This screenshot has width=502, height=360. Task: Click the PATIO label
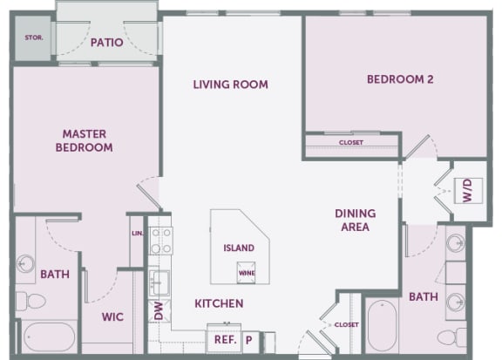tap(106, 43)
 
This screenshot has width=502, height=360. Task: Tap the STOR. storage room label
tap(34, 37)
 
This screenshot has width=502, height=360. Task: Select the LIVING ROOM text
tap(230, 85)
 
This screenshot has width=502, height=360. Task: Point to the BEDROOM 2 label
tap(400, 79)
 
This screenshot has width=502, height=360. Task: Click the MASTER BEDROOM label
tap(85, 140)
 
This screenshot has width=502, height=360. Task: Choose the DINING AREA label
tap(356, 220)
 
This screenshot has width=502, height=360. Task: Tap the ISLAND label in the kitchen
tap(239, 248)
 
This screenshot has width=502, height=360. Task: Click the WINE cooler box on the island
tap(246, 273)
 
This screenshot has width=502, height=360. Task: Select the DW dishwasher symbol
tap(159, 310)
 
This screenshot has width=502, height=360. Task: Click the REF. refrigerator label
tap(226, 339)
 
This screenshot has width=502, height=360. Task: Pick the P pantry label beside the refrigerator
tap(248, 340)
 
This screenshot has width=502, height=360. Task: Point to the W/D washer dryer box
tap(468, 191)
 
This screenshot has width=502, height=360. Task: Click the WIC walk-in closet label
tap(112, 316)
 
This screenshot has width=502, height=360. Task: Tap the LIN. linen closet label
tap(138, 234)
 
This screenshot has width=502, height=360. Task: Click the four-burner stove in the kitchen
tap(161, 241)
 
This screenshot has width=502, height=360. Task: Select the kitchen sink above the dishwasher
tap(159, 282)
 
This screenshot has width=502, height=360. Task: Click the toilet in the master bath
tap(31, 301)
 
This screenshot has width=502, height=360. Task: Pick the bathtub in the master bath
tap(50, 337)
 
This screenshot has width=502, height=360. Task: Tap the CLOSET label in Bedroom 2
tap(351, 142)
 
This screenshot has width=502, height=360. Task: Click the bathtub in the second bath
tap(383, 325)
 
